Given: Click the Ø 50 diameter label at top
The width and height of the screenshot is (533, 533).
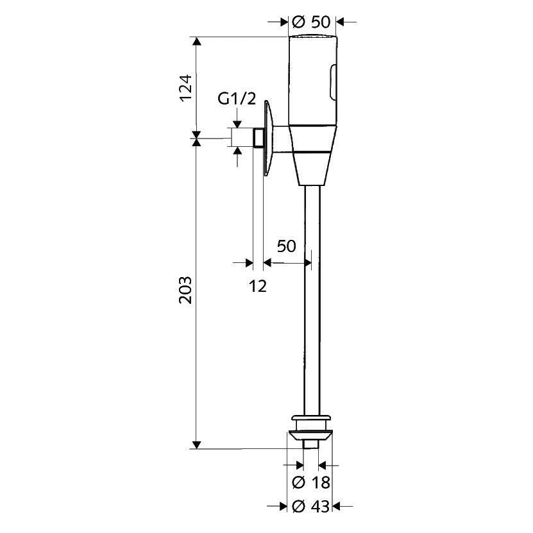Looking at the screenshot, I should coord(311,22).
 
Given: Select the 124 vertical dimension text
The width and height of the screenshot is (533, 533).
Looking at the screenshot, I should coord(185,87).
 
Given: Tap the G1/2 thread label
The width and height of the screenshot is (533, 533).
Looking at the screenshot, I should coord(237,99).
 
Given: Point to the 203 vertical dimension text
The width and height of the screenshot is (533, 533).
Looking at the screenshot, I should coord(185,290).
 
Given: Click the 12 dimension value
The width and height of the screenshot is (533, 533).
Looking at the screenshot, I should coord(257,285).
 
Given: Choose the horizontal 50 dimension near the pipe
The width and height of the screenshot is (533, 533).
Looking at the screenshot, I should coord(286,246).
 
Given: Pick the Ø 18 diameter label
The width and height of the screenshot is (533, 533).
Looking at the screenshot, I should coord(311,482).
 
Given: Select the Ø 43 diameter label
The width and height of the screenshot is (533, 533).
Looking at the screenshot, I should coord(311,507).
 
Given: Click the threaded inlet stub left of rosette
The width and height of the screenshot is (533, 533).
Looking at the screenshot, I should coord(258,138).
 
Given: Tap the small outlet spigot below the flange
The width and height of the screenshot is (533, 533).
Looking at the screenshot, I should coord(311,444).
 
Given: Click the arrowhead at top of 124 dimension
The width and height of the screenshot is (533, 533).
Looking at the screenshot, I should coord(198,42).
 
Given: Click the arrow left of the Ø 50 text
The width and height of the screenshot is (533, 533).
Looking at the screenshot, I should coord(282,22).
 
